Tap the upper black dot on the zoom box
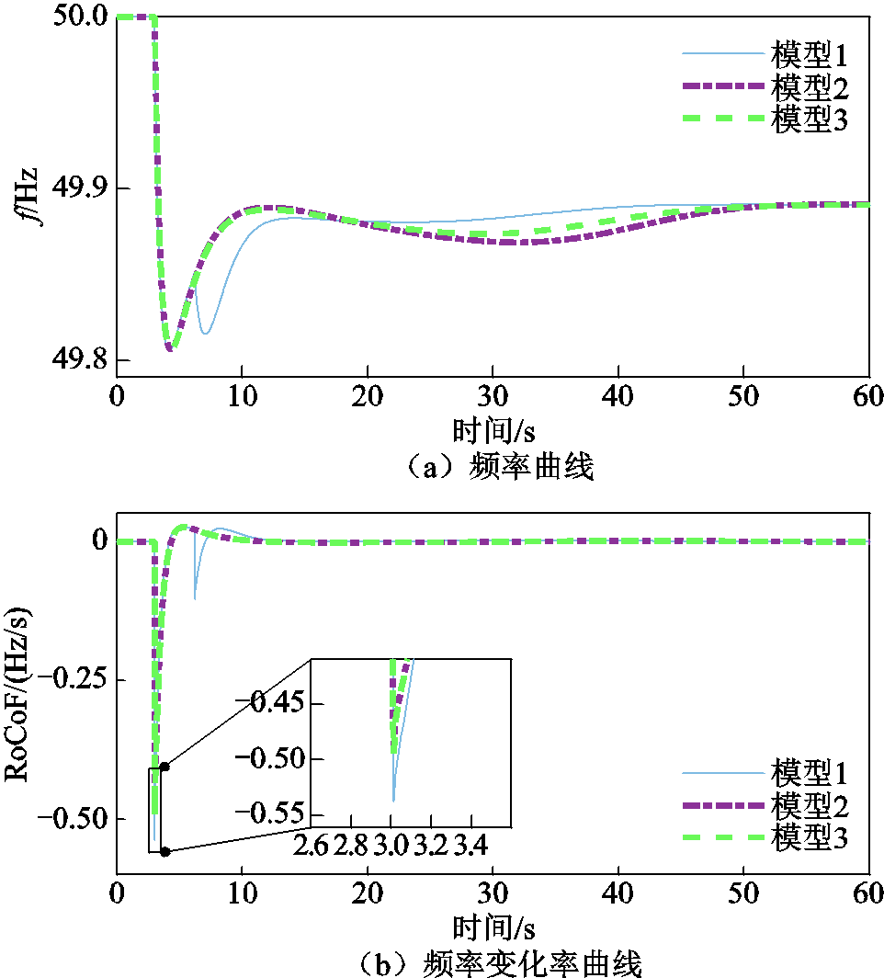[164, 766]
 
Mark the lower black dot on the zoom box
[164, 852]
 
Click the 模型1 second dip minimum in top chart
[206, 333]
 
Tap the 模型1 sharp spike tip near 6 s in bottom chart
[195, 598]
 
